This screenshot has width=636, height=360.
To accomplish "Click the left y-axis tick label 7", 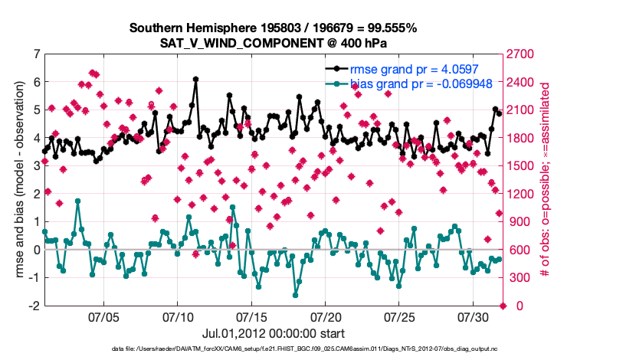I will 35,54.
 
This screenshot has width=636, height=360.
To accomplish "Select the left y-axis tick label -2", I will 33,306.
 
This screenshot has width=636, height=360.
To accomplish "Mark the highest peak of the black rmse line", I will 196,79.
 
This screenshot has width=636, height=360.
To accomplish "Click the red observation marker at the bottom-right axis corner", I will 503,306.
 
